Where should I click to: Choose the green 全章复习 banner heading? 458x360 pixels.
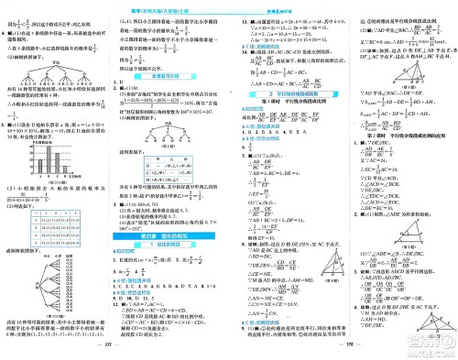[x=169, y=77]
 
